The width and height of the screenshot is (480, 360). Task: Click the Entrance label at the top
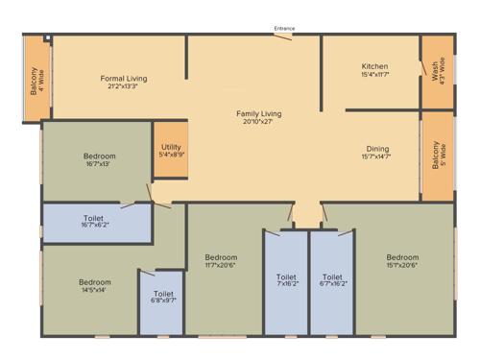click(x=284, y=29)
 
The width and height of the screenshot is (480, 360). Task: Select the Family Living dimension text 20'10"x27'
click(x=259, y=123)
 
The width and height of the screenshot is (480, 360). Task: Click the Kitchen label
click(x=374, y=65)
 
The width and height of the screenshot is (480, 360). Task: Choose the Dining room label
click(x=376, y=148)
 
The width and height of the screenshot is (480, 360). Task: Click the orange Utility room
click(x=171, y=150)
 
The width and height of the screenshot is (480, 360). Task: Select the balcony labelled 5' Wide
click(x=437, y=155)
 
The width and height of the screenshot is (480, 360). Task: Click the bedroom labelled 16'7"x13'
click(x=99, y=160)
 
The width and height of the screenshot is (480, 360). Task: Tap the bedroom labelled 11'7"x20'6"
click(x=221, y=261)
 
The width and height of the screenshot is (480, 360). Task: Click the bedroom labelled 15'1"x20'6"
click(x=402, y=261)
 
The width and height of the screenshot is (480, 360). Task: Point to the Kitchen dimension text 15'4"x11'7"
click(x=374, y=74)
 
